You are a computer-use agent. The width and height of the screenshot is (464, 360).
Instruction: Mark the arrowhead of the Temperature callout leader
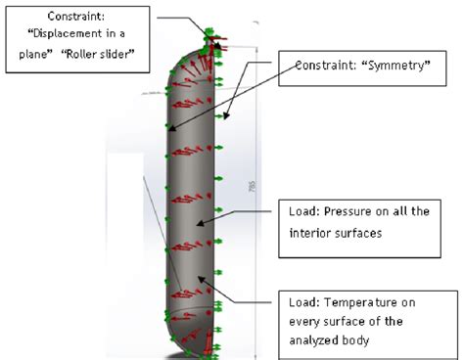(x=201, y=279)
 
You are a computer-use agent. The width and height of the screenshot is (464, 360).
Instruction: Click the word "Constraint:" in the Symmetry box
(x=327, y=67)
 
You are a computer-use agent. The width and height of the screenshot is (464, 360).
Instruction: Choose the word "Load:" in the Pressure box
(x=305, y=211)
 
